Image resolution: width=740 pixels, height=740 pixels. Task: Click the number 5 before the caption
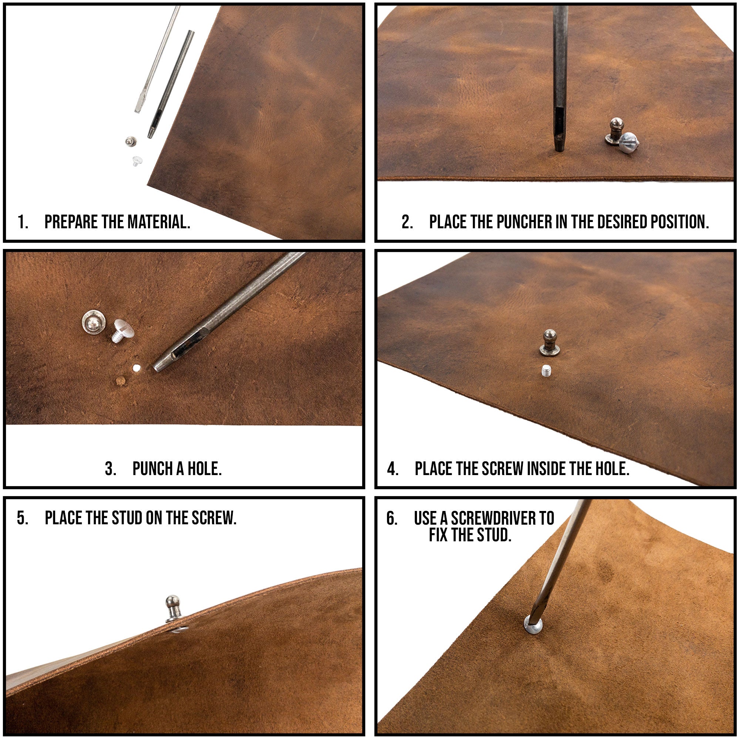click(22, 518)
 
